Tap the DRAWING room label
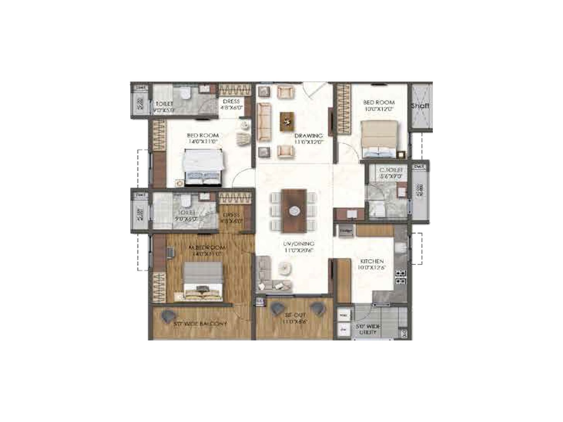[309, 136]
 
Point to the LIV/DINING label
[300, 244]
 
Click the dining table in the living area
[294, 211]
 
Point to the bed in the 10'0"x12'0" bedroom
[379, 139]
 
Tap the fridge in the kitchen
[346, 231]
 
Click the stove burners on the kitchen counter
[400, 276]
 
